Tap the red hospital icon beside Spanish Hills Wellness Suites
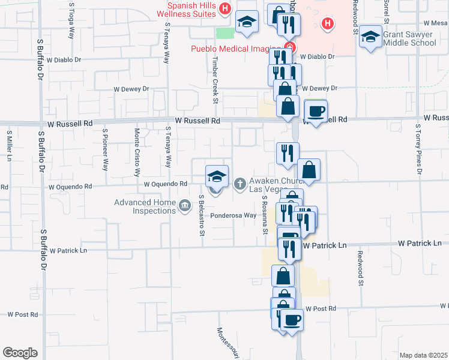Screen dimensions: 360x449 tap(225, 8)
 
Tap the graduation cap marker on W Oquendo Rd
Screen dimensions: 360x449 tap(217, 176)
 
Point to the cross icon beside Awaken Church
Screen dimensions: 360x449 tap(240, 184)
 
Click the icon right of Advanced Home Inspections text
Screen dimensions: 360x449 tap(185, 205)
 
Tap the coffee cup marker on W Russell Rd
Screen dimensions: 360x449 tap(316, 110)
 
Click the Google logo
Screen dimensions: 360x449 tap(20, 352)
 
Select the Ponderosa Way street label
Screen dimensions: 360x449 tap(234, 215)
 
